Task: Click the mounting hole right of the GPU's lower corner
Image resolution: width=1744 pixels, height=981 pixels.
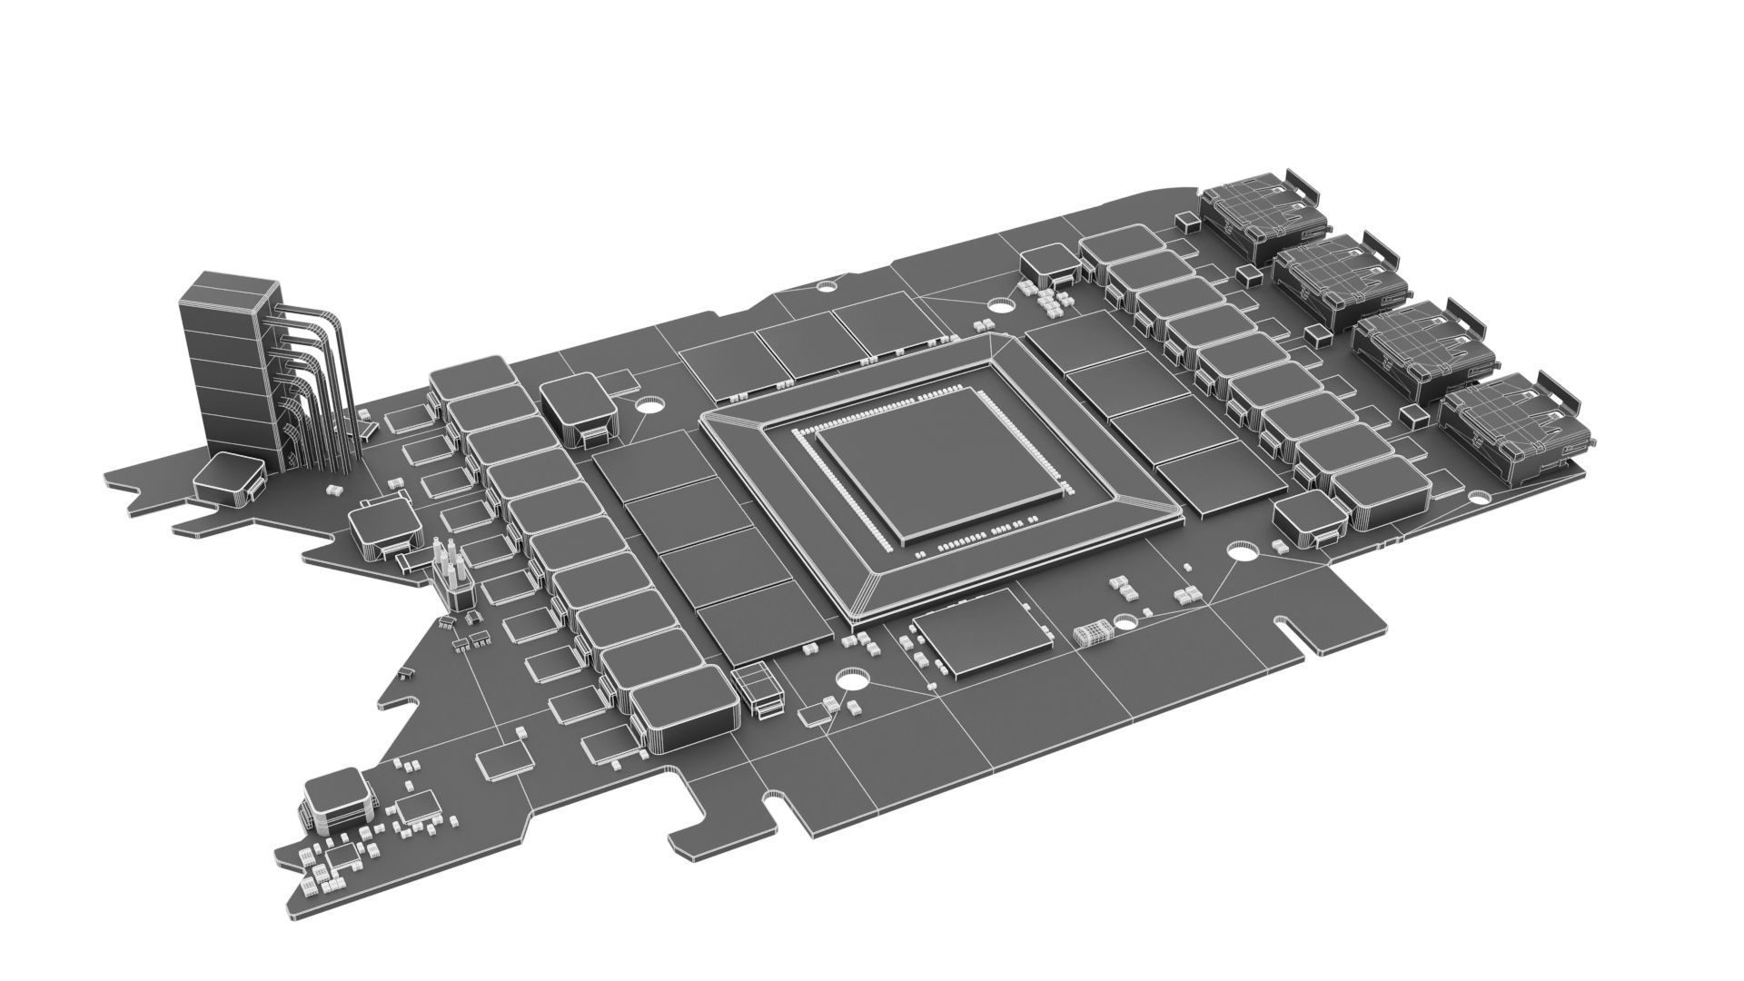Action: point(1242,550)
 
